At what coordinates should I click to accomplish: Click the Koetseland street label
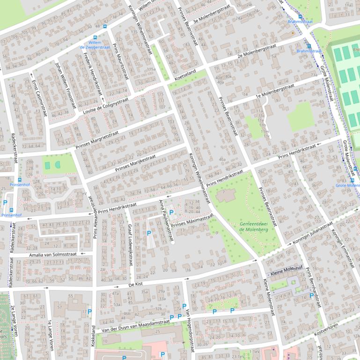pyautogui.click(x=185, y=73)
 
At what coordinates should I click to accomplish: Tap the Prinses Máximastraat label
pyautogui.click(x=192, y=221)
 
